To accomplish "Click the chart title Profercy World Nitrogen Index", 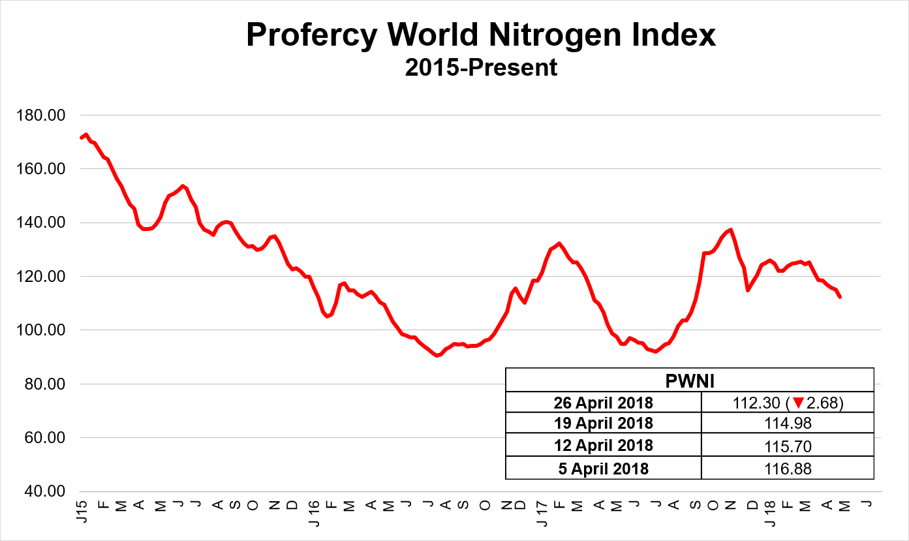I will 481,35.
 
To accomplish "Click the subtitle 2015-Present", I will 481,67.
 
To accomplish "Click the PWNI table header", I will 689,380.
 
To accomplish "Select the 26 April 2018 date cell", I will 603,402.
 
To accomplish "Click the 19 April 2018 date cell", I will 603,424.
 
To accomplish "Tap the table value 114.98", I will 787,424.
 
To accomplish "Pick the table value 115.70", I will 787,446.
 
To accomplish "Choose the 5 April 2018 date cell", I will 603,468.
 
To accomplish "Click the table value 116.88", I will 787,468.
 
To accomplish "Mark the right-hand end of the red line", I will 840,297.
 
